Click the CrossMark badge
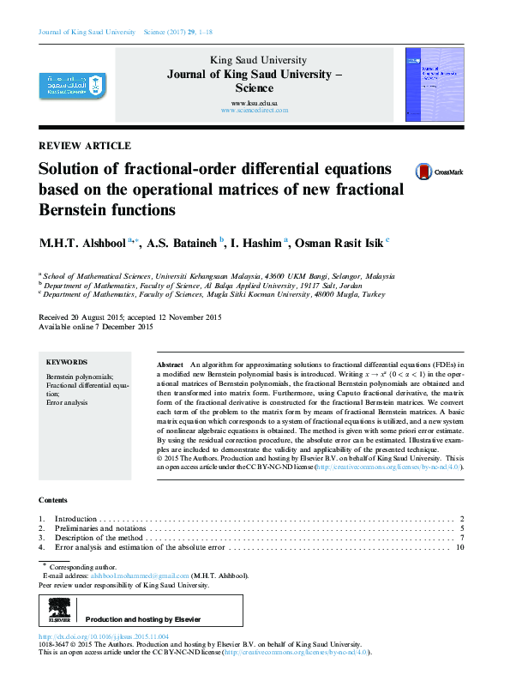[x=438, y=172]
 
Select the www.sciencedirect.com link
[x=255, y=111]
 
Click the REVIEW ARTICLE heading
[x=85, y=146]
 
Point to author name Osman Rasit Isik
[x=338, y=244]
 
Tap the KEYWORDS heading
[x=66, y=363]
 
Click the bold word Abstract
[x=170, y=365]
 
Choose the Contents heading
[x=52, y=499]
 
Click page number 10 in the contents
[x=459, y=546]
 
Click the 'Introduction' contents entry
[x=76, y=520]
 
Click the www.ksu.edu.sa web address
[x=254, y=103]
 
